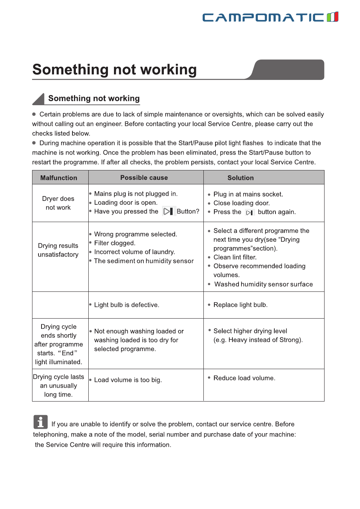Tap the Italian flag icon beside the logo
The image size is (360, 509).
[332, 17]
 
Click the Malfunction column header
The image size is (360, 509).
[59, 178]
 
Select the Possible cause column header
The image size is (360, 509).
[144, 178]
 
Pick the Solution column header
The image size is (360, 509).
[240, 178]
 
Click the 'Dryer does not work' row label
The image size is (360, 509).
[58, 203]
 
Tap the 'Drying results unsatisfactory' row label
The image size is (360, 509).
[58, 250]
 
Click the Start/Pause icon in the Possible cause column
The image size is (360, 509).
[168, 212]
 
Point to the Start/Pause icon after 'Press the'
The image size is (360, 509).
[249, 213]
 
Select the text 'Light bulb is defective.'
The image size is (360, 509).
[126, 305]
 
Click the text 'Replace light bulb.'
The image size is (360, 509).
[240, 305]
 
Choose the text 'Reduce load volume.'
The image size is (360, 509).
[244, 378]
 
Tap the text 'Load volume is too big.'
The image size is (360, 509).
[128, 380]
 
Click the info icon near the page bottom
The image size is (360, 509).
[40, 422]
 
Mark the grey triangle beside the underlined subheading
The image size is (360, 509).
[39, 100]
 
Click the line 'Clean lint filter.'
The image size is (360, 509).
[235, 257]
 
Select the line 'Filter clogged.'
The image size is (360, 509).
[115, 243]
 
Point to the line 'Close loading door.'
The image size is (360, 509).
[242, 203]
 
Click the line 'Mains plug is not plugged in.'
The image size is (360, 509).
[136, 194]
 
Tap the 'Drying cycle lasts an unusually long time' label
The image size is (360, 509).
[58, 386]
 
